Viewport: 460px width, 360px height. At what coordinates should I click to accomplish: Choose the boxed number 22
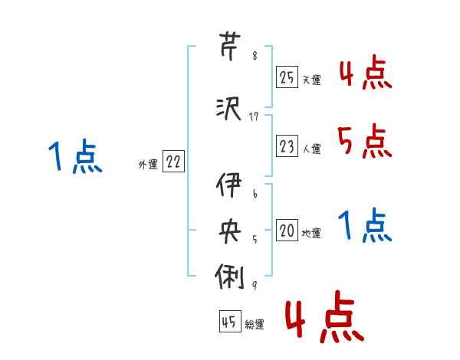(173, 162)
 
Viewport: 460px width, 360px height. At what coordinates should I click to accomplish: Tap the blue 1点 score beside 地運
(364, 225)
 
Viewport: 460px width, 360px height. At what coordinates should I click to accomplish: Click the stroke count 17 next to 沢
(255, 116)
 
